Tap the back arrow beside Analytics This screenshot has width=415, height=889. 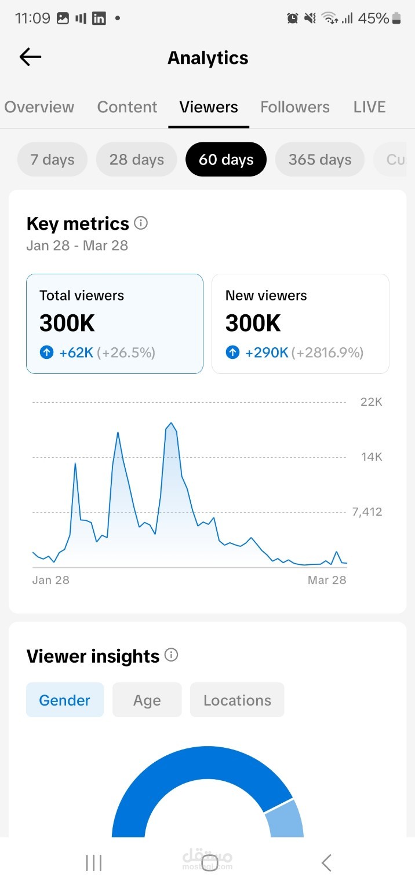(30, 57)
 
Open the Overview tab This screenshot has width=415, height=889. (39, 107)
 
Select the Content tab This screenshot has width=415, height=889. (127, 107)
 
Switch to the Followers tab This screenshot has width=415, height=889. (294, 107)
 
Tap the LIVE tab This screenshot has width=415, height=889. (369, 107)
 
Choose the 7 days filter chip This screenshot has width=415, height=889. (52, 160)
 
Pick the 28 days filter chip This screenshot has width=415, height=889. (137, 160)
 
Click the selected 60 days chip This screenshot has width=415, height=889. (226, 160)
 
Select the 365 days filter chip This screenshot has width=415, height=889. (320, 160)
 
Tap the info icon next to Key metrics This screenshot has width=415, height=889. (141, 223)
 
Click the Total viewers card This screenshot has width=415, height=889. (115, 324)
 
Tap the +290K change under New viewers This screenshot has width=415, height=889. (267, 352)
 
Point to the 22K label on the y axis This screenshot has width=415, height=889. (371, 402)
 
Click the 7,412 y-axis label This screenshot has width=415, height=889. (367, 512)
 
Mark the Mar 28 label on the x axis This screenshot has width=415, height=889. (327, 580)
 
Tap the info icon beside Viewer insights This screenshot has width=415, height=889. (171, 655)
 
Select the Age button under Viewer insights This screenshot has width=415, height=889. (147, 700)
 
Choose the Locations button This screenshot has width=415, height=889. (237, 700)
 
